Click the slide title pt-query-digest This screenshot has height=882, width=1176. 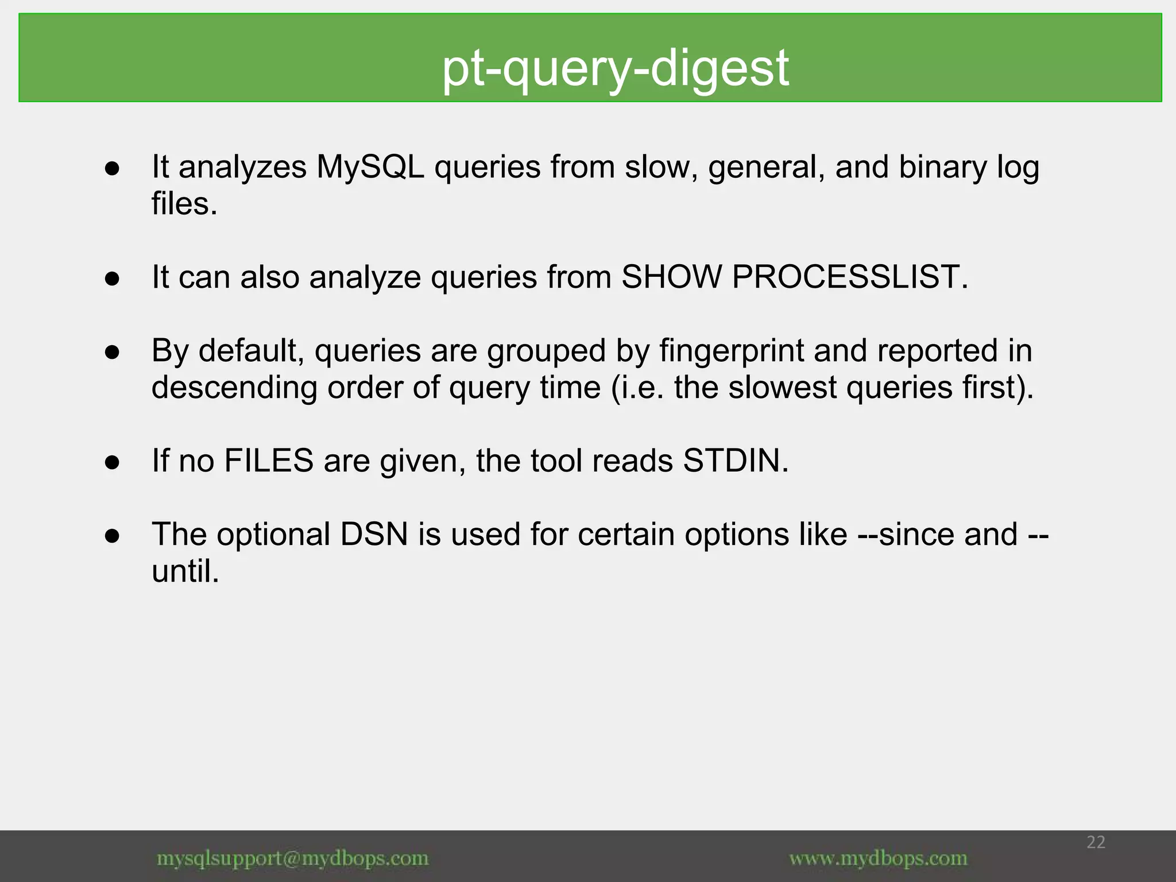pyautogui.click(x=615, y=68)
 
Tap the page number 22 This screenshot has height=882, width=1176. pyautogui.click(x=1096, y=842)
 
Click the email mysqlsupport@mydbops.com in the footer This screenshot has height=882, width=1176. pyautogui.click(x=293, y=859)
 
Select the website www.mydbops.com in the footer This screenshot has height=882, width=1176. pyautogui.click(x=878, y=859)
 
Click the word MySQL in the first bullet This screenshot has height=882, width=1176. pyautogui.click(x=370, y=167)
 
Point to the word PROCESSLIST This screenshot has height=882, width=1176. pyautogui.click(x=849, y=277)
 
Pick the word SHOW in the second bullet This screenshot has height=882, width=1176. pyautogui.click(x=671, y=277)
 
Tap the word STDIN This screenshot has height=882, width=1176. pyautogui.click(x=735, y=461)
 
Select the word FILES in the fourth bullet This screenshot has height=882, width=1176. pyautogui.click(x=269, y=461)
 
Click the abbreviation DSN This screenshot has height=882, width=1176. pyautogui.click(x=374, y=535)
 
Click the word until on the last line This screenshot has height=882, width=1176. pyautogui.click(x=184, y=571)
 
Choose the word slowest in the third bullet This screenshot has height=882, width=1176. pyautogui.click(x=782, y=388)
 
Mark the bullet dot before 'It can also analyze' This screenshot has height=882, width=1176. pyautogui.click(x=112, y=278)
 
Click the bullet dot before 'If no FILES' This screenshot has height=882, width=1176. pyautogui.click(x=112, y=462)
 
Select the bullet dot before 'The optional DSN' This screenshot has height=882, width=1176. pyautogui.click(x=112, y=536)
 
